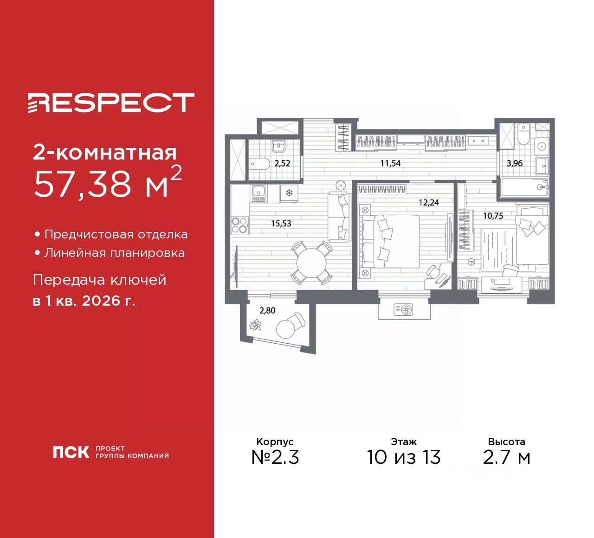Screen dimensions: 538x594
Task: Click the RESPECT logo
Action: pyautogui.click(x=110, y=102)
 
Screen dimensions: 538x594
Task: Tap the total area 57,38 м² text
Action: pyautogui.click(x=107, y=182)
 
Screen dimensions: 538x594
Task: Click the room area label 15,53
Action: pyautogui.click(x=281, y=224)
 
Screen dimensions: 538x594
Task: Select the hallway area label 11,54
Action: pyautogui.click(x=390, y=163)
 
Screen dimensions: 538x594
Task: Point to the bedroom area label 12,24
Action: pyautogui.click(x=428, y=203)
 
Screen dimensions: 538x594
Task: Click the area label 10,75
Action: pyautogui.click(x=493, y=216)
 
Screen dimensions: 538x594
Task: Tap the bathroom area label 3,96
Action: pyautogui.click(x=515, y=163)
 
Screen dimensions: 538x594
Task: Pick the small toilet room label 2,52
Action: pyautogui.click(x=282, y=163)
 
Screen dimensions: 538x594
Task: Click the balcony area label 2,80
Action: pyautogui.click(x=267, y=310)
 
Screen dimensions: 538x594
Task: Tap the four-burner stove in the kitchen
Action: pyautogui.click(x=239, y=225)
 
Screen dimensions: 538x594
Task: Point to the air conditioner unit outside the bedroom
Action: pyautogui.click(x=403, y=309)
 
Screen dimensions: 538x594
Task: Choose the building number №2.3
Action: pyautogui.click(x=275, y=457)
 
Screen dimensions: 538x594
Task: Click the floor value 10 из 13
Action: pyautogui.click(x=403, y=457)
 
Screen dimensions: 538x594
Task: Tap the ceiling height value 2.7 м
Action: pyautogui.click(x=506, y=457)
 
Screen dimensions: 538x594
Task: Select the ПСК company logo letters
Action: pyautogui.click(x=71, y=452)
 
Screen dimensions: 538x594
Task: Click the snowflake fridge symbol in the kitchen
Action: pyautogui.click(x=289, y=192)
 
